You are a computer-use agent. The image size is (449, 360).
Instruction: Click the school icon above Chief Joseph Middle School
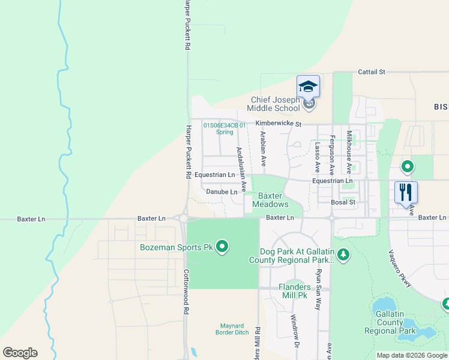point(308,86)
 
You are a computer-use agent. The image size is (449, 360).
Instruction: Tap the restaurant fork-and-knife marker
point(406,192)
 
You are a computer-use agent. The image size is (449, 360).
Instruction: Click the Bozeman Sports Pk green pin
point(222,247)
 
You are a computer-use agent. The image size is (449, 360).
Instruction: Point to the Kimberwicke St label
point(277,123)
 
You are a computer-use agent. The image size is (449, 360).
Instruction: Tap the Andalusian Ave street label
point(241,170)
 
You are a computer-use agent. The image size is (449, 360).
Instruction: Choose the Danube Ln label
point(221,192)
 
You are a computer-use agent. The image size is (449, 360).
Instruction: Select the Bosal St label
point(343,203)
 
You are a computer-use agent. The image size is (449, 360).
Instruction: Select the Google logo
point(20,353)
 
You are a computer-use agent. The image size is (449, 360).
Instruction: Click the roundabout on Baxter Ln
point(182,219)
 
